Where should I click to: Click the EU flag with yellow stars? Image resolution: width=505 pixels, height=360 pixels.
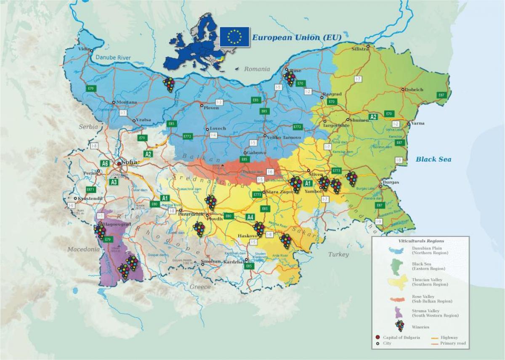[x=234, y=37]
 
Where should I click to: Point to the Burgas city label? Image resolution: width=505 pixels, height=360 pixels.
[x=391, y=183]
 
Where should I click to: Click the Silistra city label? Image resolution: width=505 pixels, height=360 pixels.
[x=360, y=49]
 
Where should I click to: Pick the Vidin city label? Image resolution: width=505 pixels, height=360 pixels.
[x=84, y=49]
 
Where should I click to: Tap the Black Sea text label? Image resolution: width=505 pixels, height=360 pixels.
[x=433, y=159]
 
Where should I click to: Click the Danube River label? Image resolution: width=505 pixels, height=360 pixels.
[x=112, y=58]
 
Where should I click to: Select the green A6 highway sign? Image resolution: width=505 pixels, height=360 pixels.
[x=105, y=163]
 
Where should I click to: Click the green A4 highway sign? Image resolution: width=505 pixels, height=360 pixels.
[x=250, y=217]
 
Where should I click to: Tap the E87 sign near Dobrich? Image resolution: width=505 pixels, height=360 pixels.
[x=441, y=95]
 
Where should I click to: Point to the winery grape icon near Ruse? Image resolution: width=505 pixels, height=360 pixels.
[x=290, y=78]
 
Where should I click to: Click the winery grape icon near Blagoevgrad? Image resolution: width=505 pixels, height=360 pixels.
[x=100, y=231]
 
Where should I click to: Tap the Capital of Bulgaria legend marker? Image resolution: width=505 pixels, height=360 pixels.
[x=377, y=338]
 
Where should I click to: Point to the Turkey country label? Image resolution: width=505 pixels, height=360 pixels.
[x=339, y=255]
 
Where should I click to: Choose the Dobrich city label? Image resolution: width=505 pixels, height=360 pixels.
[x=414, y=90]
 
